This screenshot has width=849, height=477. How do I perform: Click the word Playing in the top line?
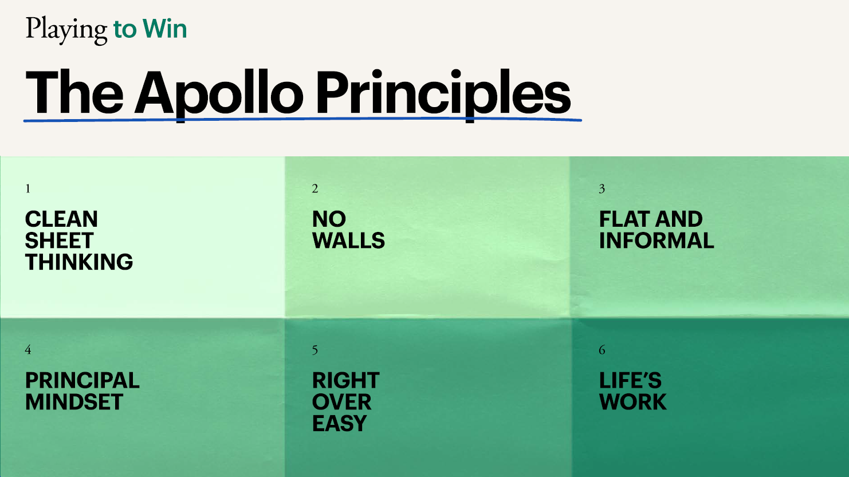point(66,30)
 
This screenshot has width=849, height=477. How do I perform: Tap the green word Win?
point(164,29)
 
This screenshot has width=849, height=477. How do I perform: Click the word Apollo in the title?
point(219,94)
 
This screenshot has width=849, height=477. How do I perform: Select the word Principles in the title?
point(443,94)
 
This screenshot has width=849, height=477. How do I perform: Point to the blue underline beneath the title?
point(302,120)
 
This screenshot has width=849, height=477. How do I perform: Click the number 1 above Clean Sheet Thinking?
point(27,188)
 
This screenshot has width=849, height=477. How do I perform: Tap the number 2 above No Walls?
point(315,188)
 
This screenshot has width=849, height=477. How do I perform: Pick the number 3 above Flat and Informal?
point(602,188)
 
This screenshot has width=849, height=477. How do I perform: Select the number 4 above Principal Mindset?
point(28,350)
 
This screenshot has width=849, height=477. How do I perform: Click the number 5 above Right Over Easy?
point(315,350)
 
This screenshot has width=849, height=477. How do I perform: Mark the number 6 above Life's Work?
point(602,350)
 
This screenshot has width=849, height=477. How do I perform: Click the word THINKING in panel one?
point(79,262)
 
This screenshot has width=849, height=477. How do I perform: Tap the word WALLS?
point(348,240)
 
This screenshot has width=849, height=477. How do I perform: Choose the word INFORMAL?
point(657,240)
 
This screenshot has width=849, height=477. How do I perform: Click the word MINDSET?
point(74,401)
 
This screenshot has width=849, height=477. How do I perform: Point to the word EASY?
point(340,423)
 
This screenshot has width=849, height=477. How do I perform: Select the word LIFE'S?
point(630,380)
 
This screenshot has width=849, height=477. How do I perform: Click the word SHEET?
point(59,240)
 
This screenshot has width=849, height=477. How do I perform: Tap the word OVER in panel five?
point(341,401)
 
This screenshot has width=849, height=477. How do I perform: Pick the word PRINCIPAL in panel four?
point(82,380)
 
